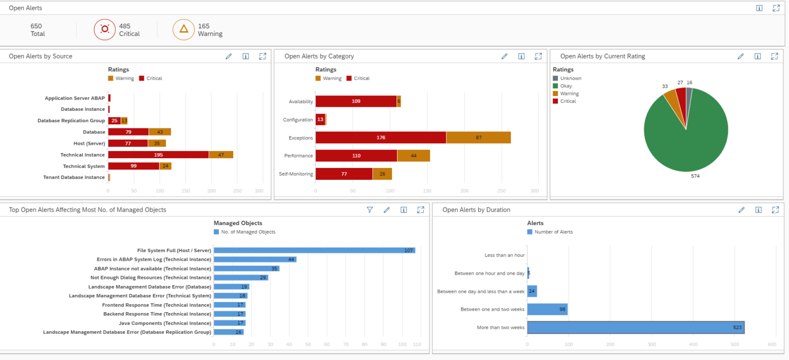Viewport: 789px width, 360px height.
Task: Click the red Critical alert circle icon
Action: [x=105, y=30]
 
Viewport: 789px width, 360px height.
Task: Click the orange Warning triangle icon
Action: [x=183, y=30]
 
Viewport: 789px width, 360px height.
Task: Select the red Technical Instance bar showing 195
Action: [x=158, y=155]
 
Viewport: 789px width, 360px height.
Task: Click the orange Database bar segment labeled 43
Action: [x=160, y=132]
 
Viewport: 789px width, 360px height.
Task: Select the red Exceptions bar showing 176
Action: [x=381, y=138]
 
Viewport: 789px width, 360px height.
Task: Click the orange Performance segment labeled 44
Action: [x=414, y=156]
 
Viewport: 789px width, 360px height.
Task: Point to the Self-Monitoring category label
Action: [x=296, y=174]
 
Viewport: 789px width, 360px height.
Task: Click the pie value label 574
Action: [x=695, y=176]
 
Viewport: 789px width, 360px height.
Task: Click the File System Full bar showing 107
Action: [x=314, y=250]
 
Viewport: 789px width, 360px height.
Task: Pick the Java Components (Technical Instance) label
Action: [x=165, y=323]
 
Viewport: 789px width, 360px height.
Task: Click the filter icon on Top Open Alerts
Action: [x=369, y=210]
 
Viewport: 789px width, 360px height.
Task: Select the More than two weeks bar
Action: [x=635, y=327]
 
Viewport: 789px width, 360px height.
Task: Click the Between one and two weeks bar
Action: [x=547, y=309]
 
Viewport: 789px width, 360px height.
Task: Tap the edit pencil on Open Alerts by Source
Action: [x=229, y=56]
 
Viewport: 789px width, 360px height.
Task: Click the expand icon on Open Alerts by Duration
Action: [x=775, y=210]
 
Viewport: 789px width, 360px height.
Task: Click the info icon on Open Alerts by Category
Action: [x=521, y=56]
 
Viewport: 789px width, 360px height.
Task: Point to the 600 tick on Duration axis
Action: [x=772, y=345]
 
